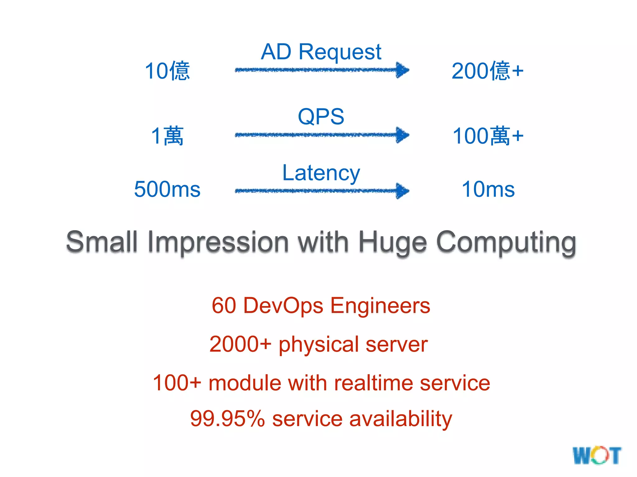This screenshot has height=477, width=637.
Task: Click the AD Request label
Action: [x=321, y=52]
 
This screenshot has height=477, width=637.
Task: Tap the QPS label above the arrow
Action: [x=321, y=117]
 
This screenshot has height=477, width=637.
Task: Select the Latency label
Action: [x=321, y=173]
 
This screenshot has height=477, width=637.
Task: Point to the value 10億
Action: [x=167, y=71]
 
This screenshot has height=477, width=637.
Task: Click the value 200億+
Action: [x=487, y=71]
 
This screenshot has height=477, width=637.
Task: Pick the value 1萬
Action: [x=167, y=136]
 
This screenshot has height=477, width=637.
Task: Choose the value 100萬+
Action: [x=488, y=136]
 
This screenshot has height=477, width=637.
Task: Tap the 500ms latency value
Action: [x=167, y=189]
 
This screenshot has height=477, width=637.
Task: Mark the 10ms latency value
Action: [x=488, y=189]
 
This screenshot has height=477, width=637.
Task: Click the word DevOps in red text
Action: [x=283, y=306]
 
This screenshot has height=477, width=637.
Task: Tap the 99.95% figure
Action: [x=227, y=419]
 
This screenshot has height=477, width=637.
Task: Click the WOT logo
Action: [x=597, y=456]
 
